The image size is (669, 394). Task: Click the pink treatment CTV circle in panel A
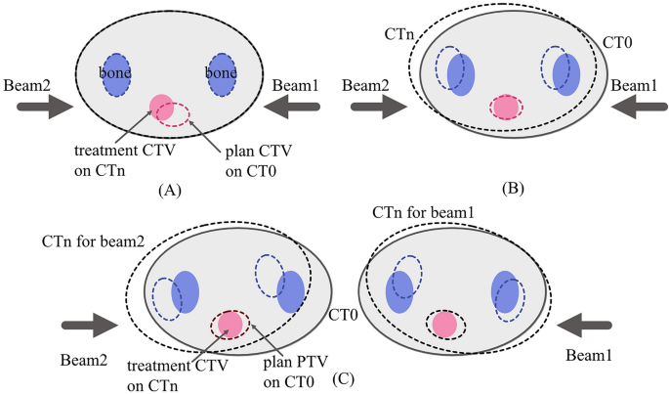click(x=160, y=108)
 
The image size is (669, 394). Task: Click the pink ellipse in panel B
click(x=505, y=107)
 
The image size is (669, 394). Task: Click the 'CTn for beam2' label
click(x=86, y=239)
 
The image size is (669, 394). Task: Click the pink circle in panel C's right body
click(x=444, y=324)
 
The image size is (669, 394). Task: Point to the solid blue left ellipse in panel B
click(x=461, y=73)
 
